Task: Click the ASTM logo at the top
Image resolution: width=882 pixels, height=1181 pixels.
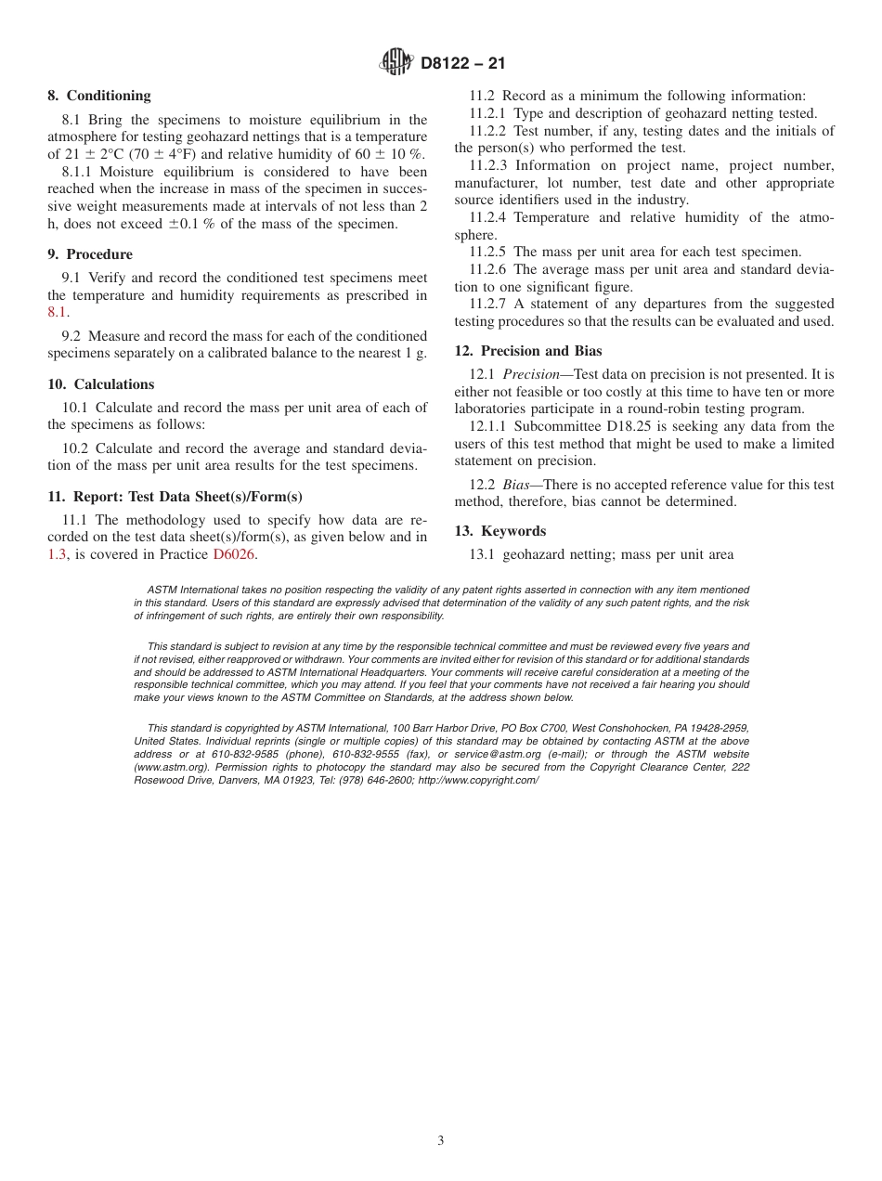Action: pos(396,63)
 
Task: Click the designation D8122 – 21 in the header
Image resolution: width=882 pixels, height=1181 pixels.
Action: pos(463,64)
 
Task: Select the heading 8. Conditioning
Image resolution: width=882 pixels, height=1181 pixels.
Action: pos(98,96)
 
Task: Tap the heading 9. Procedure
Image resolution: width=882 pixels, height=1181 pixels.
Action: pos(90,254)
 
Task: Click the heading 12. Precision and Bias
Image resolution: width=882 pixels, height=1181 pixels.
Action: pos(527,351)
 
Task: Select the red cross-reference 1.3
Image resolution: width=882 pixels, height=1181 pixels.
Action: pos(58,554)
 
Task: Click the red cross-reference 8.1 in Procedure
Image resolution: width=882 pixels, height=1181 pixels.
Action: pos(57,313)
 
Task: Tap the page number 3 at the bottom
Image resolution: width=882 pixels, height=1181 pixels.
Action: pos(441,1141)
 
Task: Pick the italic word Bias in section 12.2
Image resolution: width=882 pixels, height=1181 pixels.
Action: pos(515,485)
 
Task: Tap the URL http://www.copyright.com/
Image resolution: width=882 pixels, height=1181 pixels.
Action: pos(478,781)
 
